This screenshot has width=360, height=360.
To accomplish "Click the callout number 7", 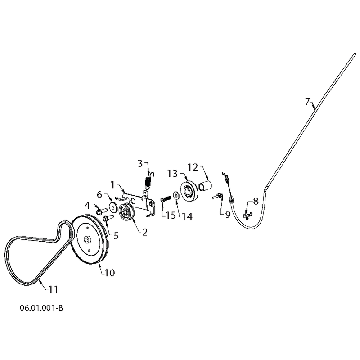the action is click(x=308, y=101).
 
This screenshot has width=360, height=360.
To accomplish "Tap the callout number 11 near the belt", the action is click(x=54, y=289).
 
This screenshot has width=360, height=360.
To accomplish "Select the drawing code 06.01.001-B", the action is click(x=41, y=308).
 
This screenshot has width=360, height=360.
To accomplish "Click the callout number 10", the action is click(x=109, y=273).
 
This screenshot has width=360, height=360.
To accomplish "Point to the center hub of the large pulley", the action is click(x=87, y=240).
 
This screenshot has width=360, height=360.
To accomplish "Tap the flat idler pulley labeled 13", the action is click(x=189, y=192).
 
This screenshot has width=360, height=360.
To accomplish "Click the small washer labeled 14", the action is click(x=176, y=195).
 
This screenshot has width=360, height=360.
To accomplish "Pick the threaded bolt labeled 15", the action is click(x=166, y=199).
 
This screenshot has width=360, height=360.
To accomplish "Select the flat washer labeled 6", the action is click(x=113, y=207).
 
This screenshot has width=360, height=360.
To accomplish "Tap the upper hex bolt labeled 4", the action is click(x=101, y=211).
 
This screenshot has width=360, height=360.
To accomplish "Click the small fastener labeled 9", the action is click(x=218, y=196).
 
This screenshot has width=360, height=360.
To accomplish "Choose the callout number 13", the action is click(x=172, y=174).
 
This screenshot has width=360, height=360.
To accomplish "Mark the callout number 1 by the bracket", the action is click(x=112, y=184).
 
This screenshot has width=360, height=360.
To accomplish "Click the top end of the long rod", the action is click(x=355, y=54).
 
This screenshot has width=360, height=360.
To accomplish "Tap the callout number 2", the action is click(x=144, y=232).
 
